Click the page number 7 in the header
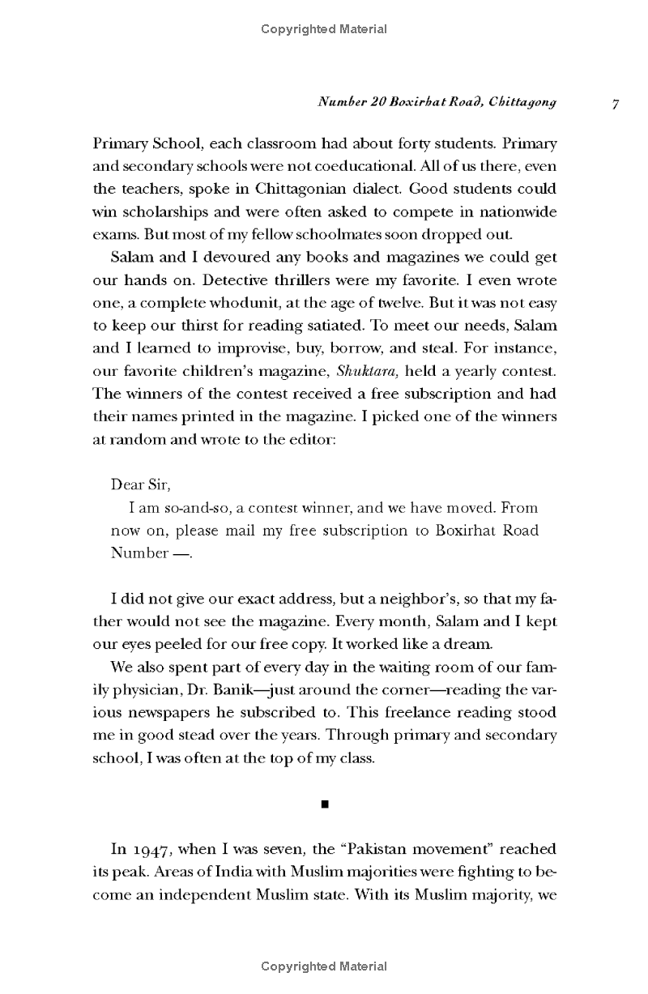tap(616, 104)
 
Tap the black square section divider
tap(324, 804)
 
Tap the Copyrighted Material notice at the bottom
tap(324, 966)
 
